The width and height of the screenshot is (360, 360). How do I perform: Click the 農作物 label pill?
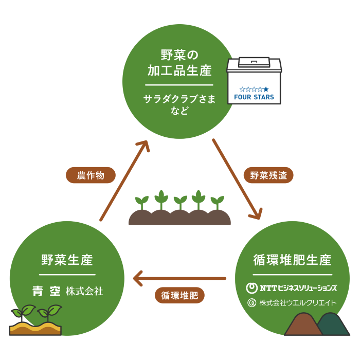tap(91, 175)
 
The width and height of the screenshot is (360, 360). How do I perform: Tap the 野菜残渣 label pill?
tap(268, 175)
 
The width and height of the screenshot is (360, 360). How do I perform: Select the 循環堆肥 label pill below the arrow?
tap(179, 295)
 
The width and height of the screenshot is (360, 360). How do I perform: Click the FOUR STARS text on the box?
tap(254, 97)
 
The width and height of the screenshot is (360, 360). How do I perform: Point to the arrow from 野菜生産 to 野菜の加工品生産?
tap(124, 180)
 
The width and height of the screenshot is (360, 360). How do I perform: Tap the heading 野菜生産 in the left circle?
tap(67, 260)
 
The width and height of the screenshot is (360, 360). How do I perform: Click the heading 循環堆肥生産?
tap(292, 260)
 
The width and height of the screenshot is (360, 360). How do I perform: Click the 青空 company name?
tap(47, 291)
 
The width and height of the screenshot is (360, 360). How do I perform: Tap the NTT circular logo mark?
tap(252, 288)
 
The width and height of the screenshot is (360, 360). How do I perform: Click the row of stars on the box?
tap(254, 89)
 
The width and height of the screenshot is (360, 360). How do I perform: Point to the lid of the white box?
tap(254, 63)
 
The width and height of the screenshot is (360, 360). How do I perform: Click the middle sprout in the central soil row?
tap(180, 202)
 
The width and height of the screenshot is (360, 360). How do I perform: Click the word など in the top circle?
tap(179, 111)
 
